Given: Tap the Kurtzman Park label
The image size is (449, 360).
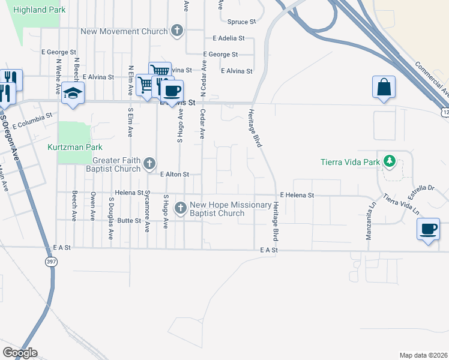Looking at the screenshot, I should (x=75, y=147).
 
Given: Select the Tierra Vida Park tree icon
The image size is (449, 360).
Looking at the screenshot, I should (x=390, y=161).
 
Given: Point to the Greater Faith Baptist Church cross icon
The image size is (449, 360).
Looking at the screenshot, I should (x=149, y=163).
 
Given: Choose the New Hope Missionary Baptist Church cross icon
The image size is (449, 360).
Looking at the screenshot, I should (x=180, y=208).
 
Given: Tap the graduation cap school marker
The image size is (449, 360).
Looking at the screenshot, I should (x=73, y=93).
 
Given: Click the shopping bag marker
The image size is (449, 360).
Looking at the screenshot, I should (x=384, y=88).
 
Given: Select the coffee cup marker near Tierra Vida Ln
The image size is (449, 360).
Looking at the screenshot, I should (x=429, y=229).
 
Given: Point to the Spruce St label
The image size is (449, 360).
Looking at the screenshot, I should (x=242, y=22).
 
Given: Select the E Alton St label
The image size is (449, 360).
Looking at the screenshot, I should (x=175, y=175).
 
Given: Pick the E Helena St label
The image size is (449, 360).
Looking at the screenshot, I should (x=297, y=196).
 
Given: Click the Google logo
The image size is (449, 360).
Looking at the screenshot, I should (x=20, y=352).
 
